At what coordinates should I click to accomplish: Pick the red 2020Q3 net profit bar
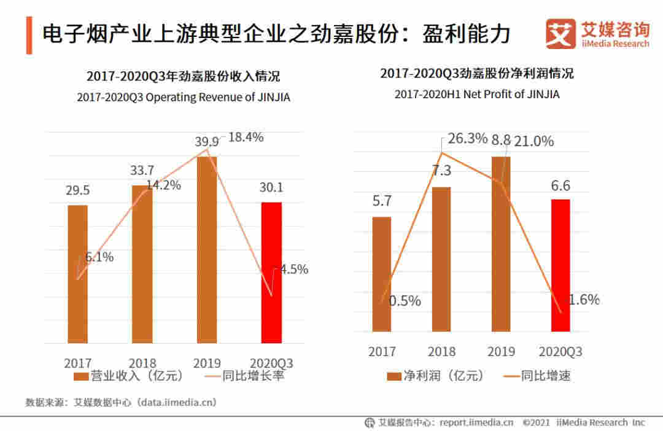[560, 265]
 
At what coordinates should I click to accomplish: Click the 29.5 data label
[78, 190]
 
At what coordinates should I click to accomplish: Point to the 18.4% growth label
[246, 138]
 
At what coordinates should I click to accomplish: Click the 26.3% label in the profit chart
[467, 139]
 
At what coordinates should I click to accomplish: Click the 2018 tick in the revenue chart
[142, 362]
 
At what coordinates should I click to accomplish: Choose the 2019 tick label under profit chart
[501, 352]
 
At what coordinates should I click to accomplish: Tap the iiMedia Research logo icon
[560, 34]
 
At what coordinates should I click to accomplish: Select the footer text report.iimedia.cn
[474, 422]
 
